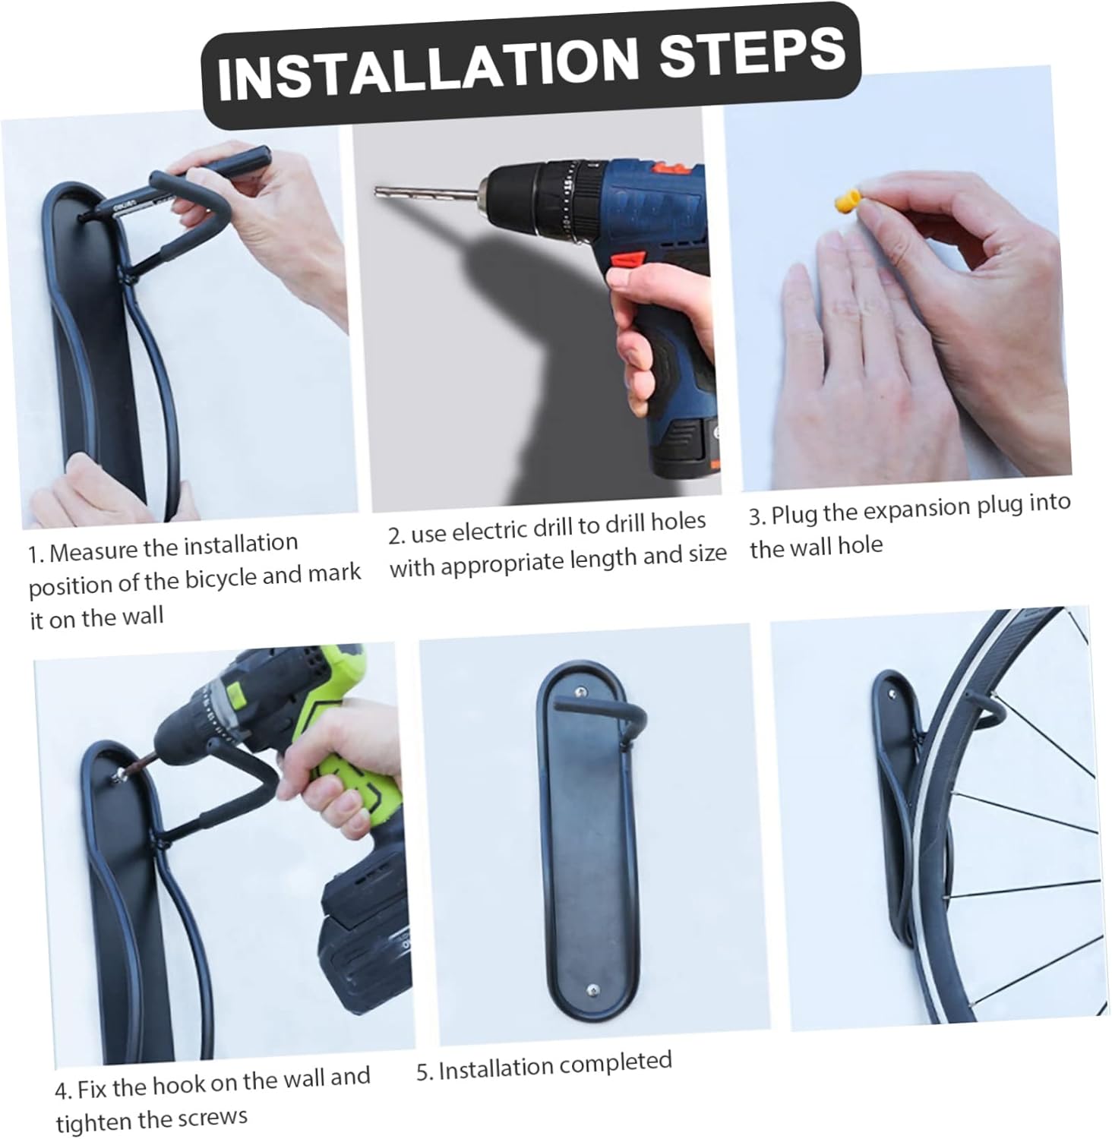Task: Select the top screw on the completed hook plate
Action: (x=580, y=693)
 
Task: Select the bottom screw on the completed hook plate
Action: (x=592, y=989)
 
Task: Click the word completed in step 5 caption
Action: (x=613, y=1062)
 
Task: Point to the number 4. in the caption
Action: (x=63, y=1092)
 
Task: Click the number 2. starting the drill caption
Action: (x=397, y=536)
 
